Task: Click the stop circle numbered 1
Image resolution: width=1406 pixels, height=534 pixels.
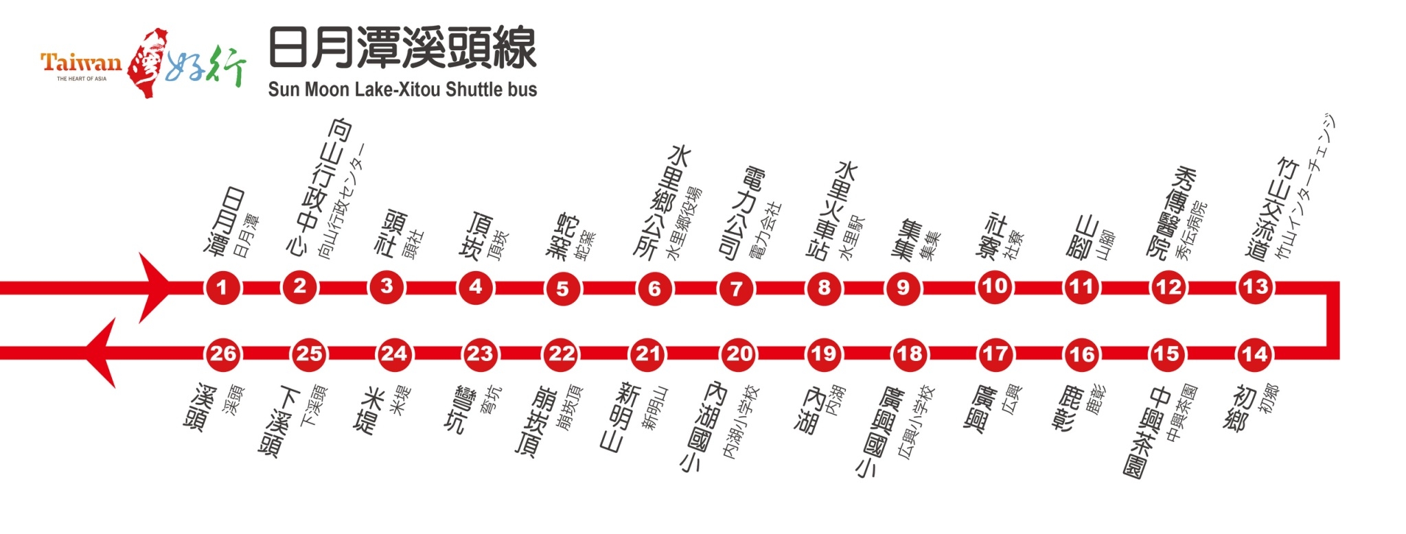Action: tap(222, 288)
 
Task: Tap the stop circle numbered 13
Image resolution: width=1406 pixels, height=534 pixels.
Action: tap(1255, 287)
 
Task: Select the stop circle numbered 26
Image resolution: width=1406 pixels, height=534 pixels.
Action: tap(222, 354)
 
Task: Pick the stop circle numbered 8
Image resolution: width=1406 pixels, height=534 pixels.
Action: tap(824, 288)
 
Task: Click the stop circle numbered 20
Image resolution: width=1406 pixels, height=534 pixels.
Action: tap(739, 354)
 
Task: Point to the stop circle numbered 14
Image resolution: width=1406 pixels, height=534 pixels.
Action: tap(1254, 355)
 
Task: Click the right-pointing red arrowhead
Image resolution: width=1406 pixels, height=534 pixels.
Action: tap(154, 288)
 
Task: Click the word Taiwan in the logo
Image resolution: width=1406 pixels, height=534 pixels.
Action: tap(81, 63)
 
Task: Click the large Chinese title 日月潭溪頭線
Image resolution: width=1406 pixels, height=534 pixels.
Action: tap(402, 48)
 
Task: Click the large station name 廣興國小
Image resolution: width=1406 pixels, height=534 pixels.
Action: tap(880, 432)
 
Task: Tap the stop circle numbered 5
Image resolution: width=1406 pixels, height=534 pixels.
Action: tap(562, 288)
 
